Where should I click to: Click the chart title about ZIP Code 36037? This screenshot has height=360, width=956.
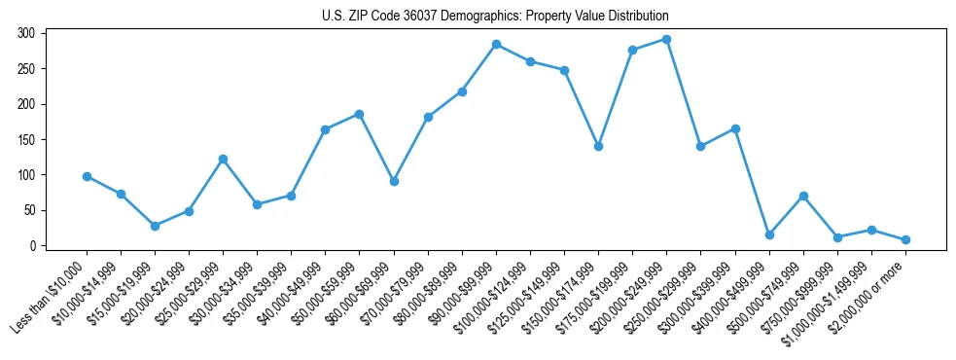pos(495,17)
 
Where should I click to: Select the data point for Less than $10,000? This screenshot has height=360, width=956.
pos(87,176)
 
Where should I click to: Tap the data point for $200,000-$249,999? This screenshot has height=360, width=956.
pos(667,39)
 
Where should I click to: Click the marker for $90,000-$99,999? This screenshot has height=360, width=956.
pos(496,44)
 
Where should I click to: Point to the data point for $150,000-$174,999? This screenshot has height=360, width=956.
pos(598,146)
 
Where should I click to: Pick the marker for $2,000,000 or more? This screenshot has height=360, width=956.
pos(905,239)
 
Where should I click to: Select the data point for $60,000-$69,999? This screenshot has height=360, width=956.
pos(394,181)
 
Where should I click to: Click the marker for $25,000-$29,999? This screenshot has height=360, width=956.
pos(223,159)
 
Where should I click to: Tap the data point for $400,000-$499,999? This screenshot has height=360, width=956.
pos(769,234)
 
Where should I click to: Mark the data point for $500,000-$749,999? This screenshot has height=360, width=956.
pos(803,196)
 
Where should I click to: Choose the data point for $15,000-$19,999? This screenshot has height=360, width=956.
pos(155,226)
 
